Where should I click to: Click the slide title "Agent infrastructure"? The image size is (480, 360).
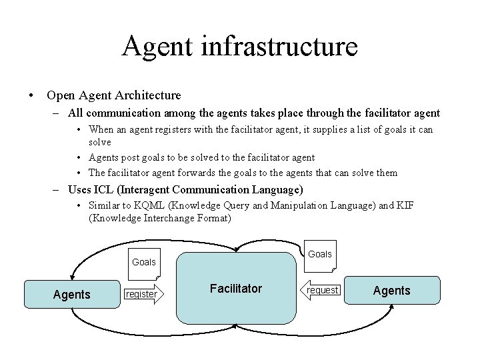point(240,47)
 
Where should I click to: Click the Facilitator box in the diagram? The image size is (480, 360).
point(236,289)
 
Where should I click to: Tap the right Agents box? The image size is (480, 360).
point(391,290)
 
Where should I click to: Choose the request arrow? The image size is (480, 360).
point(323,289)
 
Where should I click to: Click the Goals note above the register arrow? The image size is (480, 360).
point(144,262)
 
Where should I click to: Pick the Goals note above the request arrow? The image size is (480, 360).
point(320,254)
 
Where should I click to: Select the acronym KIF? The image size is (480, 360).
point(404,205)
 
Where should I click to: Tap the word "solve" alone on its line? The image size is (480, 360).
point(100,142)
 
